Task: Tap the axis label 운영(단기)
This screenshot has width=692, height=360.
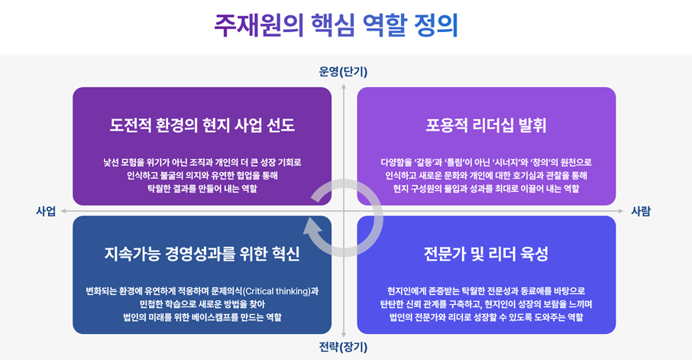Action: click(x=344, y=72)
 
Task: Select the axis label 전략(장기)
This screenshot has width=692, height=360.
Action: click(x=344, y=347)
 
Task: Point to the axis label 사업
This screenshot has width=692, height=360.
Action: click(x=46, y=211)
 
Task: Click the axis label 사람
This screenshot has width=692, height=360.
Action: click(x=641, y=211)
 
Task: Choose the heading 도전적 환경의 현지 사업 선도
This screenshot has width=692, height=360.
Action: click(x=202, y=125)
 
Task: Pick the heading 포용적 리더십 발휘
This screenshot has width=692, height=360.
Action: click(x=486, y=125)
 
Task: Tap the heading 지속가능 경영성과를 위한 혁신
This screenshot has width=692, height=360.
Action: click(x=202, y=253)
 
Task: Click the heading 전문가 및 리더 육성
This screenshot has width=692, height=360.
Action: click(x=486, y=253)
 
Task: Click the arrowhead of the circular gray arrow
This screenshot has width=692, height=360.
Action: click(x=310, y=225)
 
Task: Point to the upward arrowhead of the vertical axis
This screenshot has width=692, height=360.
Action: click(x=344, y=85)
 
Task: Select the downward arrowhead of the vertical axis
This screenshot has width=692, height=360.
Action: click(x=344, y=335)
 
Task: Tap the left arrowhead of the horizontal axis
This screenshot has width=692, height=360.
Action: click(x=64, y=210)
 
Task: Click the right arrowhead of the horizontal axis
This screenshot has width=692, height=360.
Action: click(x=622, y=210)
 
